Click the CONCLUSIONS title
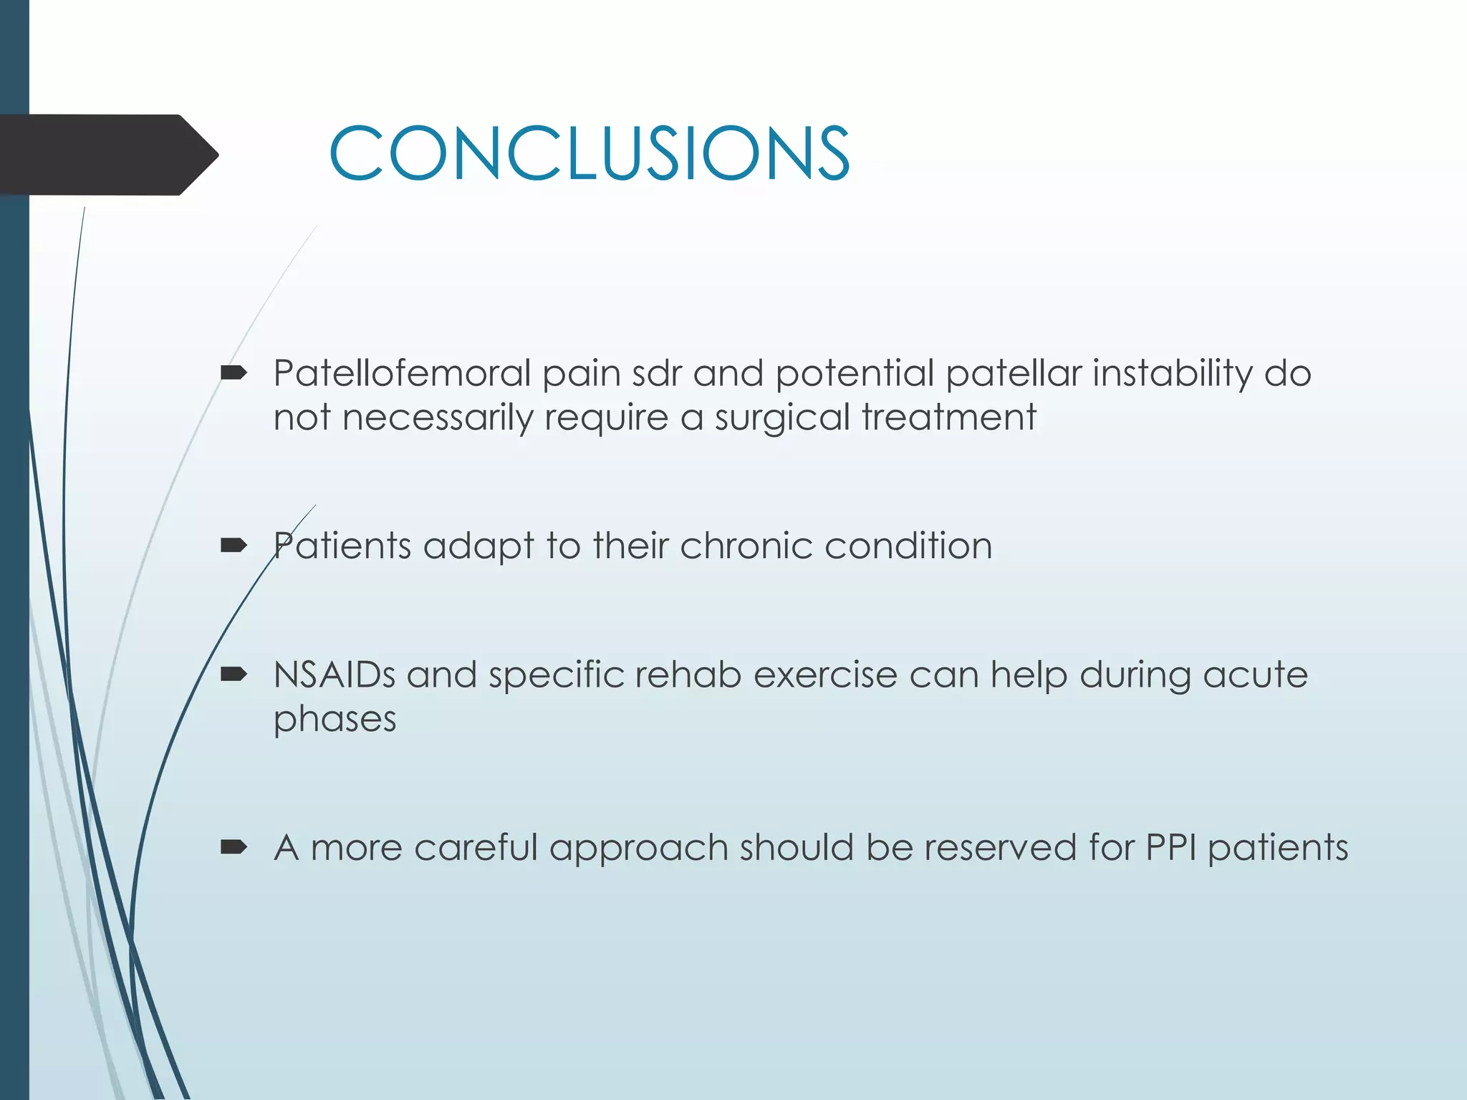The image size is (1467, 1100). (589, 153)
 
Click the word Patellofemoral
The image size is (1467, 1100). (401, 373)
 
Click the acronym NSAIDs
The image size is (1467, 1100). (334, 675)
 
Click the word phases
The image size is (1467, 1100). (335, 720)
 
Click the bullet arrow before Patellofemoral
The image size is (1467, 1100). (234, 372)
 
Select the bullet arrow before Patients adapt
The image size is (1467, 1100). (234, 546)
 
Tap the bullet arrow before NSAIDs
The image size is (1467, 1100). (234, 674)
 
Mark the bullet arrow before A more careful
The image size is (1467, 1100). (234, 848)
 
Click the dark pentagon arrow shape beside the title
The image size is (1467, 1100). (107, 155)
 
